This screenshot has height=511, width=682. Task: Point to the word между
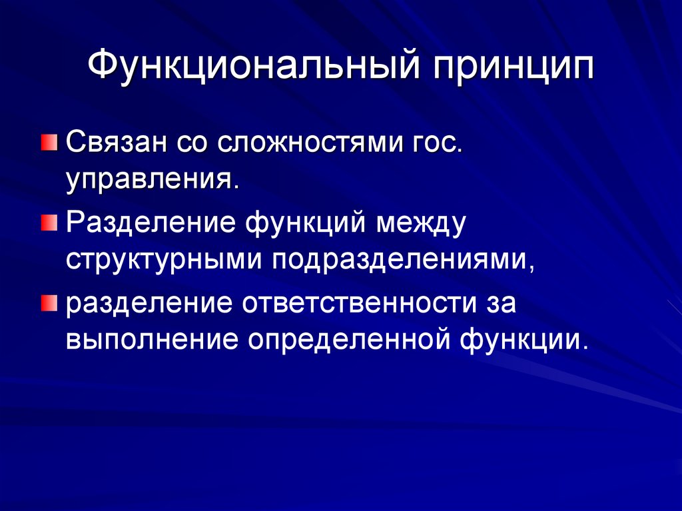(420, 222)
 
